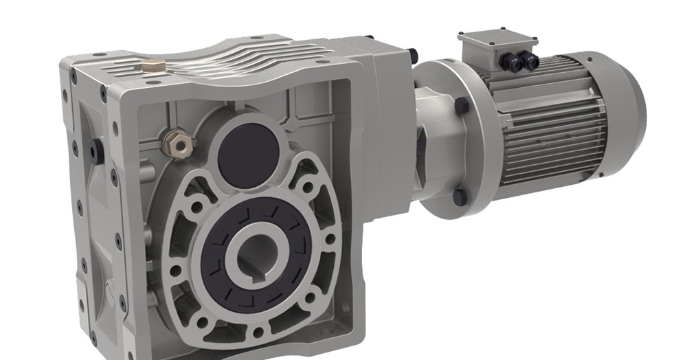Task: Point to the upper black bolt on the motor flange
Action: [x=461, y=106]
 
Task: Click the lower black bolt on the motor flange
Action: [x=460, y=197]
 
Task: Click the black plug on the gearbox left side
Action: [x=96, y=150]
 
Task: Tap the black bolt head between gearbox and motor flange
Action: [x=412, y=54]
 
